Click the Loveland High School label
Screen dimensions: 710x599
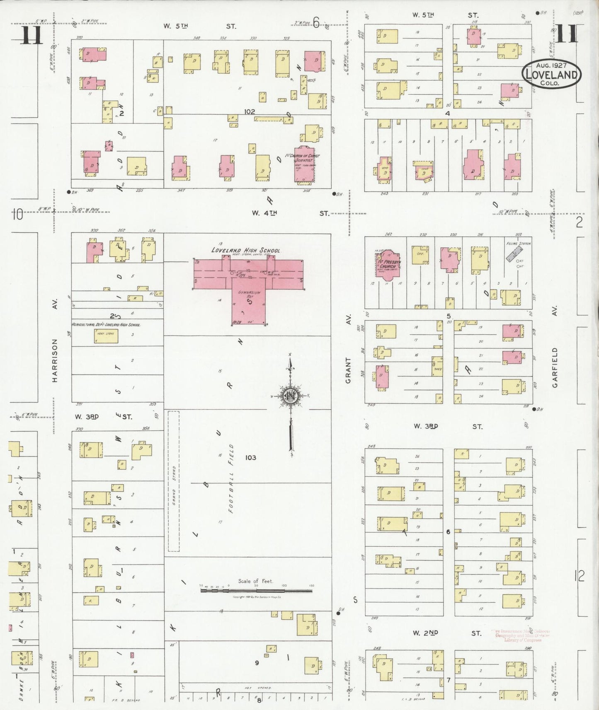(x=245, y=250)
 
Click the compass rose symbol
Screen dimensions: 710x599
(x=290, y=396)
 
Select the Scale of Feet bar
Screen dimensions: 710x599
(x=256, y=590)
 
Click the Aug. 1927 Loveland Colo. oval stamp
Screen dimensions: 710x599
(x=551, y=74)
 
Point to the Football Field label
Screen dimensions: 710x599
(x=231, y=478)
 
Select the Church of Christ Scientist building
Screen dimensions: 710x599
(x=304, y=164)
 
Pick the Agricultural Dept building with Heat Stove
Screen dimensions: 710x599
(x=106, y=336)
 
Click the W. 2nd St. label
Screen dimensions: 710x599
(x=446, y=633)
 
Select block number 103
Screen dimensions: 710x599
(x=250, y=457)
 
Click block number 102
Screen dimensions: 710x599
(x=249, y=111)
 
